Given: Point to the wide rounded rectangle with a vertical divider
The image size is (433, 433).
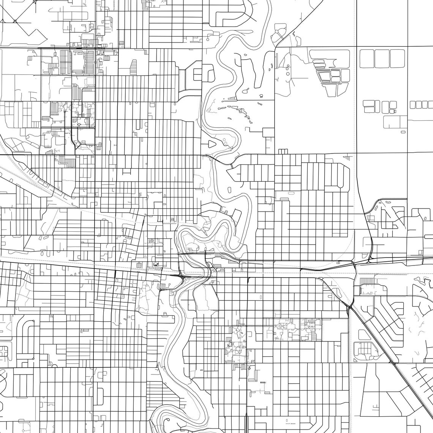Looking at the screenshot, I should tap(395, 122).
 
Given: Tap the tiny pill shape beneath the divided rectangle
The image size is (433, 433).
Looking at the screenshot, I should tap(403, 132).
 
